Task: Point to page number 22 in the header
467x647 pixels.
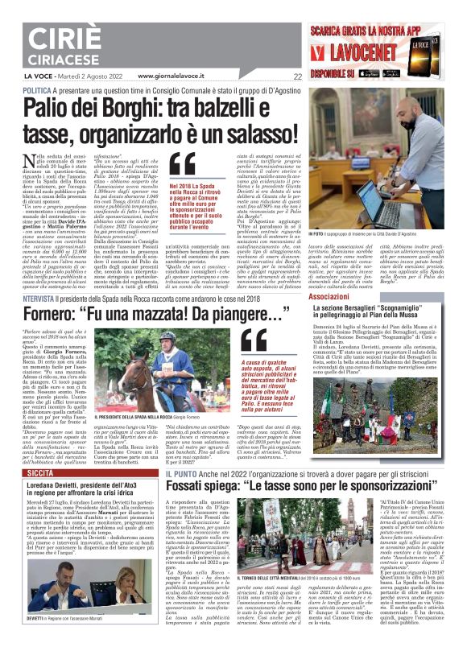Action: click(297, 77)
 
